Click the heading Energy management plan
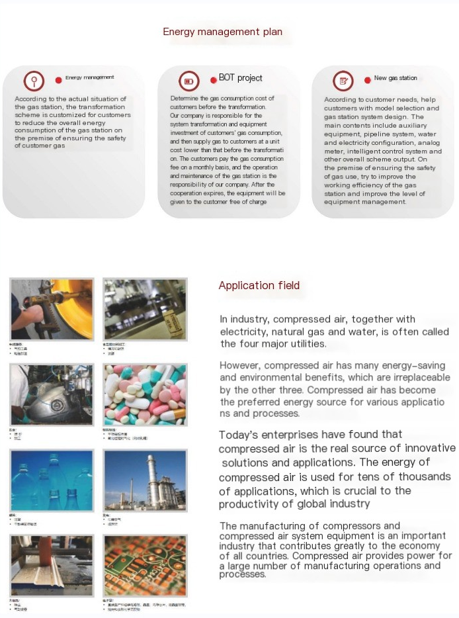(222, 32)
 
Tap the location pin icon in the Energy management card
(34, 81)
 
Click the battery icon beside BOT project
(189, 81)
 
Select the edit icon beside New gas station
(343, 81)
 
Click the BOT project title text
(240, 78)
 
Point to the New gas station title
(396, 78)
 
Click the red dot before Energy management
(59, 79)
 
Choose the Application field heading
(259, 286)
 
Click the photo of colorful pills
(145, 394)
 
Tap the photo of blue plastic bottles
(51, 480)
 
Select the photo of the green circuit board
(145, 566)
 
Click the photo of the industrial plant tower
(145, 480)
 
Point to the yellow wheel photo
(51, 308)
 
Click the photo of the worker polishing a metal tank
(51, 394)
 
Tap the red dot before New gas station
(367, 80)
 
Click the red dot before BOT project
(213, 79)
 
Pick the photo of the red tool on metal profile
(51, 566)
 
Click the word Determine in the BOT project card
(185, 99)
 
